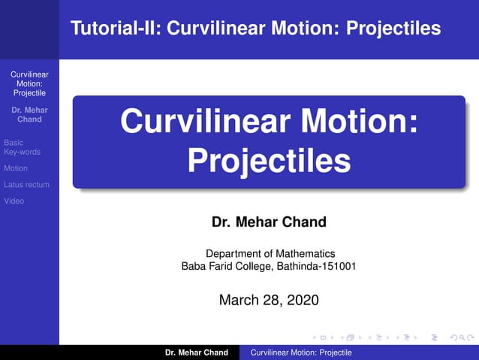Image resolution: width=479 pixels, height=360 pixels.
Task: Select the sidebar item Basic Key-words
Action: pyautogui.click(x=22, y=147)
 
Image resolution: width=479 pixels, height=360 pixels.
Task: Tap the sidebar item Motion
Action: pyautogui.click(x=15, y=168)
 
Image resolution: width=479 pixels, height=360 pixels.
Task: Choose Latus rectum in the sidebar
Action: pyautogui.click(x=26, y=185)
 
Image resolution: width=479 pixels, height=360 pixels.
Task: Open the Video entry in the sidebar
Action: pyautogui.click(x=14, y=201)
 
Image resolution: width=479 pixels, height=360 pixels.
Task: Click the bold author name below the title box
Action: pyautogui.click(x=268, y=222)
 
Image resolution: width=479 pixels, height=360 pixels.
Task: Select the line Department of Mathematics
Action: pyautogui.click(x=270, y=254)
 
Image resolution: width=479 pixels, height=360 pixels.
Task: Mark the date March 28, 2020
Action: pyautogui.click(x=269, y=300)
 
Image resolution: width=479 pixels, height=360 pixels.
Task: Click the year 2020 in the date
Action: pyautogui.click(x=302, y=300)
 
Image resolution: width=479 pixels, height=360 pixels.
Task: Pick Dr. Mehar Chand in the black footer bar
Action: pyautogui.click(x=196, y=352)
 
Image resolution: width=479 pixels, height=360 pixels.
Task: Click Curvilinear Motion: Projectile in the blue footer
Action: pyautogui.click(x=300, y=352)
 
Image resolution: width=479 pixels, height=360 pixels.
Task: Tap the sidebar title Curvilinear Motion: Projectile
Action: pyautogui.click(x=29, y=84)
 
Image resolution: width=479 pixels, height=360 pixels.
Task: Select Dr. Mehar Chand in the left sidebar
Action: pyautogui.click(x=29, y=115)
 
